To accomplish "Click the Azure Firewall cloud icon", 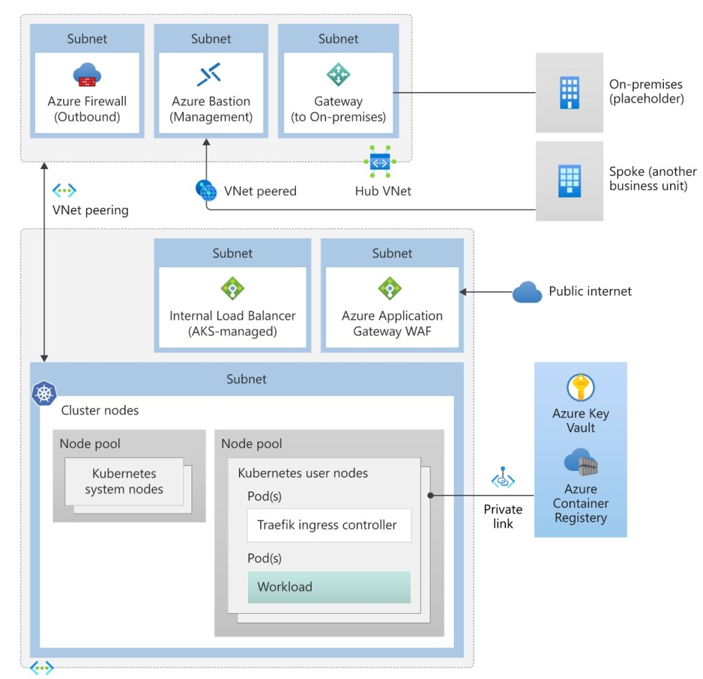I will point(87,74).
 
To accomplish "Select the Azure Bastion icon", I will point(209,74).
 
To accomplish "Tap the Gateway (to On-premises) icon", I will point(338,74).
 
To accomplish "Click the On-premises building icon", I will point(570,92).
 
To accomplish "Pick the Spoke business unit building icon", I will point(570,181).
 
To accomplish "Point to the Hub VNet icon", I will point(380,160).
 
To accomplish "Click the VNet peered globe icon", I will point(206,189).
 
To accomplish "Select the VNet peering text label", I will point(90,210).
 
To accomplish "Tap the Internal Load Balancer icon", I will point(232,288).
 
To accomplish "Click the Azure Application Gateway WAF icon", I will point(390,288).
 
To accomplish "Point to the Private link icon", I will point(503,479).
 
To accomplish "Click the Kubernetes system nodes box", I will point(124,481).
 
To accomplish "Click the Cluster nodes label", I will point(100,411).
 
